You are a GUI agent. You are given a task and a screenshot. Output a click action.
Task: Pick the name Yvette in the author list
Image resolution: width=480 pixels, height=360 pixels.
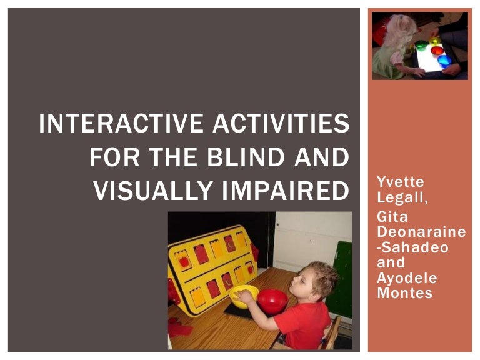pyautogui.click(x=400, y=182)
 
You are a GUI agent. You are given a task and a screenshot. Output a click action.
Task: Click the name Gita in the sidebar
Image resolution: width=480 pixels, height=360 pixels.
pyautogui.click(x=392, y=217)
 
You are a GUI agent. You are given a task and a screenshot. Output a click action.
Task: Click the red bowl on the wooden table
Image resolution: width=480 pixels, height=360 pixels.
pyautogui.click(x=272, y=300)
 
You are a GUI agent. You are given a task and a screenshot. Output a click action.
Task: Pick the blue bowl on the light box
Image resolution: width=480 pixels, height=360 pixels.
pyautogui.click(x=444, y=61)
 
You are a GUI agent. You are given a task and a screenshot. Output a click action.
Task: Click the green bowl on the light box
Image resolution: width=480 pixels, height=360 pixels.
pyautogui.click(x=422, y=45)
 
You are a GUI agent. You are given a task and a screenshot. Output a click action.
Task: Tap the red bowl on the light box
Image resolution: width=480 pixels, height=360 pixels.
pyautogui.click(x=437, y=50)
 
